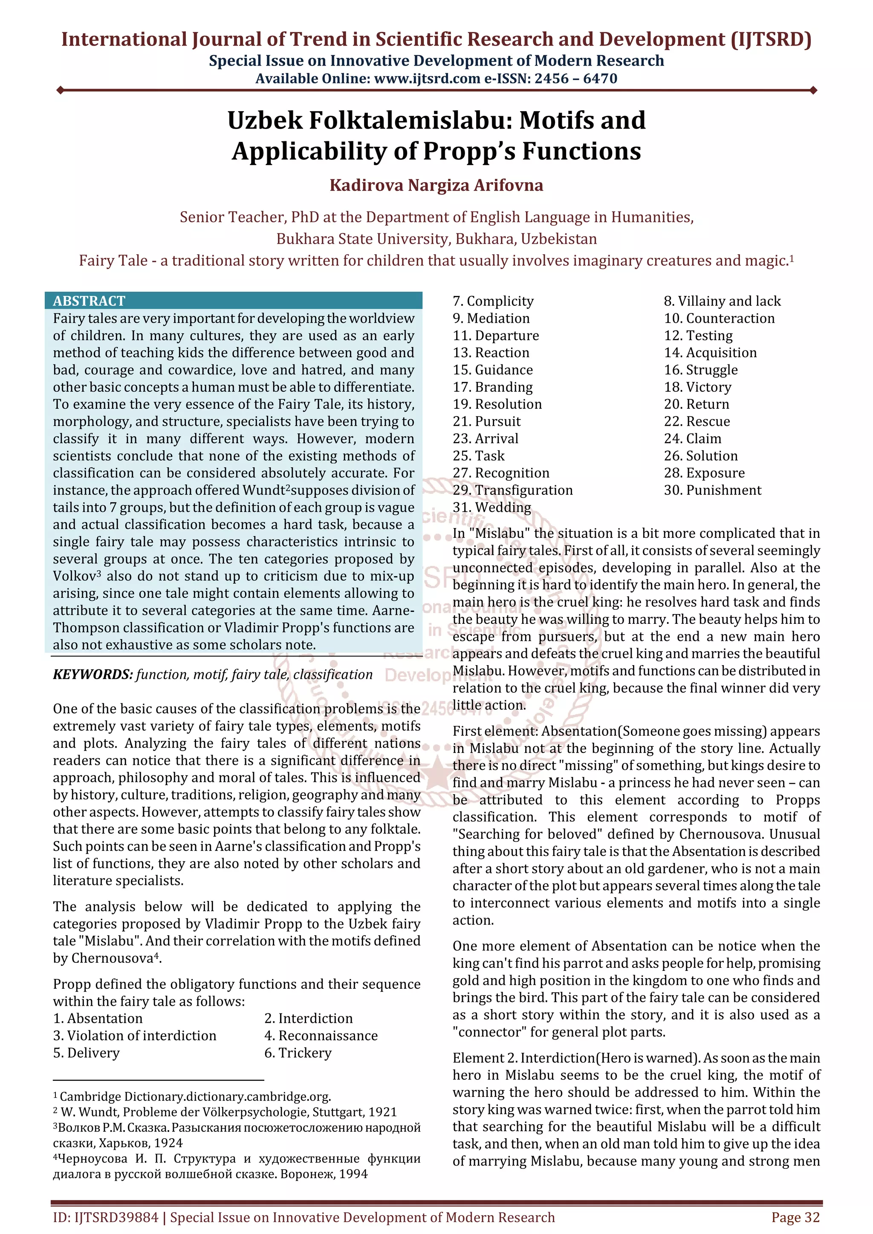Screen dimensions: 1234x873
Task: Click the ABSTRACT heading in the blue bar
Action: [x=89, y=301]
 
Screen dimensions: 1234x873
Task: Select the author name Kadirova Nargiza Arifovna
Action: [x=436, y=185]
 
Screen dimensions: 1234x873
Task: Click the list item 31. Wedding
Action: [x=491, y=508]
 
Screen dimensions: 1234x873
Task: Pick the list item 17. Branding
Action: [x=493, y=387]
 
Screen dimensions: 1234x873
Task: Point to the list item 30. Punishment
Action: [x=712, y=490]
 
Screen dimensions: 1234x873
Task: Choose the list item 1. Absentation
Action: [x=98, y=1019]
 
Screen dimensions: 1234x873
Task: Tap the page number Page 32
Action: [x=795, y=1217]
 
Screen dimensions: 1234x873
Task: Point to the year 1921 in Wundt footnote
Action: [x=382, y=1112]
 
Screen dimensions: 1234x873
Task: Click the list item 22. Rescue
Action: [x=697, y=422]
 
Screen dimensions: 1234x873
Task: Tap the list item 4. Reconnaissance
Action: [x=321, y=1036]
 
